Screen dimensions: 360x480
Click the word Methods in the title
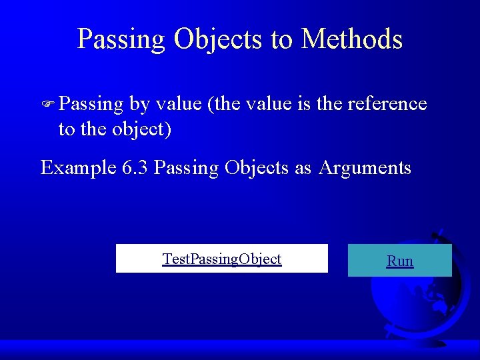click(352, 39)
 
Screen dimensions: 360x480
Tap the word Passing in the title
click(121, 39)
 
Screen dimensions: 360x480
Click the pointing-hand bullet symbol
click(48, 105)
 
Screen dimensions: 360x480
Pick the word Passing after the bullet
click(91, 104)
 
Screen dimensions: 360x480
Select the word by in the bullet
click(139, 104)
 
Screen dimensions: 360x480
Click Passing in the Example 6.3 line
click(186, 167)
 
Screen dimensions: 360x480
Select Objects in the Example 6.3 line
click(257, 167)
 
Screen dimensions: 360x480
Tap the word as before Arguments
click(303, 167)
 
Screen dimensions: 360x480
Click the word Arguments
click(365, 167)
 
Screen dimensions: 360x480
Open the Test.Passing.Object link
click(222, 259)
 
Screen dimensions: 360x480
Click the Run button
click(400, 261)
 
